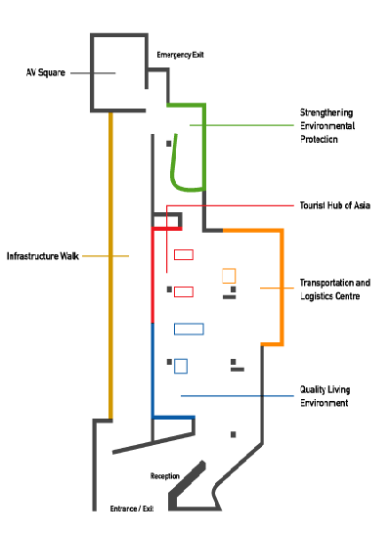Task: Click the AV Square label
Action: click(x=46, y=72)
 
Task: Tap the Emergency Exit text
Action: click(x=180, y=55)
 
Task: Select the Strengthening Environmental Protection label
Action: click(x=327, y=126)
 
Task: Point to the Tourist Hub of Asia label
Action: click(x=334, y=205)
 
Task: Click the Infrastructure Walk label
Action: click(x=43, y=256)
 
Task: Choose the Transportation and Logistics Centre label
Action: click(x=334, y=289)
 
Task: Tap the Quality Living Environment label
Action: click(x=325, y=396)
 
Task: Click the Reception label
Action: click(x=165, y=476)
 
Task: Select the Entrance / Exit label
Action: click(x=132, y=509)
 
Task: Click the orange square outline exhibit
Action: click(x=229, y=269)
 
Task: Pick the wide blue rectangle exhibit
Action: click(x=189, y=324)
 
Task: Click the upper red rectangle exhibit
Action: click(x=184, y=249)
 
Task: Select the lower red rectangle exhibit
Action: click(x=184, y=288)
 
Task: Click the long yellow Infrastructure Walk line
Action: click(x=110, y=265)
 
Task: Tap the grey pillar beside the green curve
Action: click(x=168, y=144)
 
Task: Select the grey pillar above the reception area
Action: click(x=233, y=434)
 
